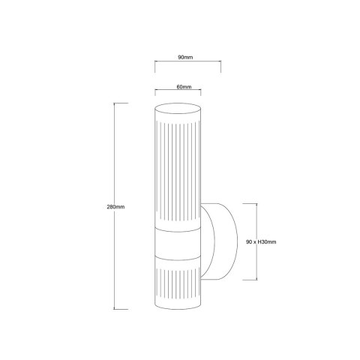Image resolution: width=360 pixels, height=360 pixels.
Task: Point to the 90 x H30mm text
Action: tap(262, 241)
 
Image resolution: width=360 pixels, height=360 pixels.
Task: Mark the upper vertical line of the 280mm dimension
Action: tap(115, 150)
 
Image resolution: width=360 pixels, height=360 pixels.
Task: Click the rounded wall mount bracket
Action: tap(218, 241)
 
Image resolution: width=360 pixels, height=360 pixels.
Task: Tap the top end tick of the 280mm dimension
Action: tap(115, 102)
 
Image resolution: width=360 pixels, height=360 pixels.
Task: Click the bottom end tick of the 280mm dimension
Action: tap(115, 308)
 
